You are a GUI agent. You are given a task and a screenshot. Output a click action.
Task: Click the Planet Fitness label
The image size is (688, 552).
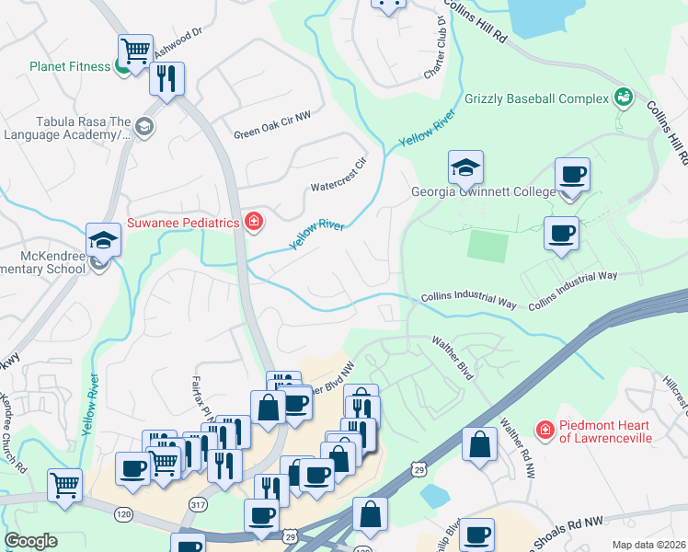point(69,66)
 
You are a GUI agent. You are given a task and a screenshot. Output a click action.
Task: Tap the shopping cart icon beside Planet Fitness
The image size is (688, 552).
point(135,51)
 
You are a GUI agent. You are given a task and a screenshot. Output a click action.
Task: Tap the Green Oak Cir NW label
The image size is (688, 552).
point(273,132)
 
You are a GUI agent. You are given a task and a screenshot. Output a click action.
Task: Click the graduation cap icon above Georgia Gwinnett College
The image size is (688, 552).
point(465,167)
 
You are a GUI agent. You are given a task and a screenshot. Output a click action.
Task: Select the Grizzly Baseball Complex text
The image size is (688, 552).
point(537,98)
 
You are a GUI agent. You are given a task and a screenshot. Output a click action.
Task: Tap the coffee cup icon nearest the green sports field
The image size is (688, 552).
point(561,234)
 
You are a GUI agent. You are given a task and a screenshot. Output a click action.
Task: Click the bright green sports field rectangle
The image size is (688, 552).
point(487,246)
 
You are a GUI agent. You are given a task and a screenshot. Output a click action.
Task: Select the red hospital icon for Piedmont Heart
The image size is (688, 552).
point(545,430)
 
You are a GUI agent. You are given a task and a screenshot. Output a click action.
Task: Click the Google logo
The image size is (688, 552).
point(30,541)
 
